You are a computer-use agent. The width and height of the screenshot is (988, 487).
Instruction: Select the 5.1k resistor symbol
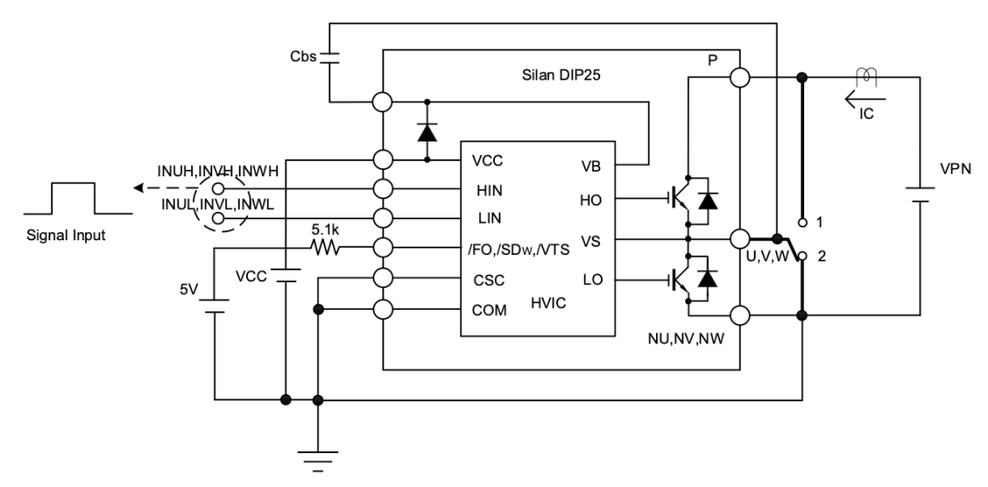[x=325, y=248]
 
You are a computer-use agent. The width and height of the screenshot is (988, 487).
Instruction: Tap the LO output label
[x=591, y=279]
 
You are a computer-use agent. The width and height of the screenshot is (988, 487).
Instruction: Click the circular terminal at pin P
[x=739, y=79]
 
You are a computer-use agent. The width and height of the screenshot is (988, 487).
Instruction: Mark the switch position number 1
[x=820, y=222]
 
